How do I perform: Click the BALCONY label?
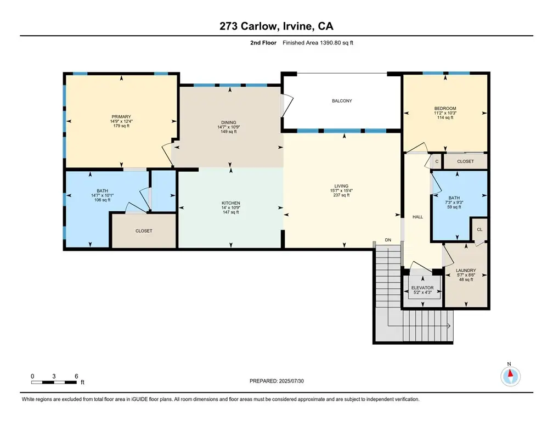pos(342,101)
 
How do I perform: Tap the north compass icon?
pos(510,376)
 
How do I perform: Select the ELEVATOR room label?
pos(422,288)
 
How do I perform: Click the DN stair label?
pos(388,240)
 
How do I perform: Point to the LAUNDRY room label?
pos(466,271)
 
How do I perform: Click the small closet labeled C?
pos(437,161)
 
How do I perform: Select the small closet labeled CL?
pos(479,229)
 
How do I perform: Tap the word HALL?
pos(417,217)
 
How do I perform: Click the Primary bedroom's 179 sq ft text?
pos(121,126)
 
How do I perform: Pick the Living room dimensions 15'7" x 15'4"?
pos(341,190)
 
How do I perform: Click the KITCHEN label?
pos(230,203)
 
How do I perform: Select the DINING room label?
pos(229,122)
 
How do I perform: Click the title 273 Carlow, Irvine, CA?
pos(276,26)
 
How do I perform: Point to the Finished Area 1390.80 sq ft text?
pos(318,43)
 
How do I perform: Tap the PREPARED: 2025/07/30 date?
pos(276,381)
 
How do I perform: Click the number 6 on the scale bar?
pos(76,376)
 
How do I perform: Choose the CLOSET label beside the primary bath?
pos(144,231)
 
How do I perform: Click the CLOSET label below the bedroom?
pos(466,161)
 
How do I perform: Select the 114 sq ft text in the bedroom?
pos(445,117)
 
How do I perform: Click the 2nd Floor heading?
pos(263,43)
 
